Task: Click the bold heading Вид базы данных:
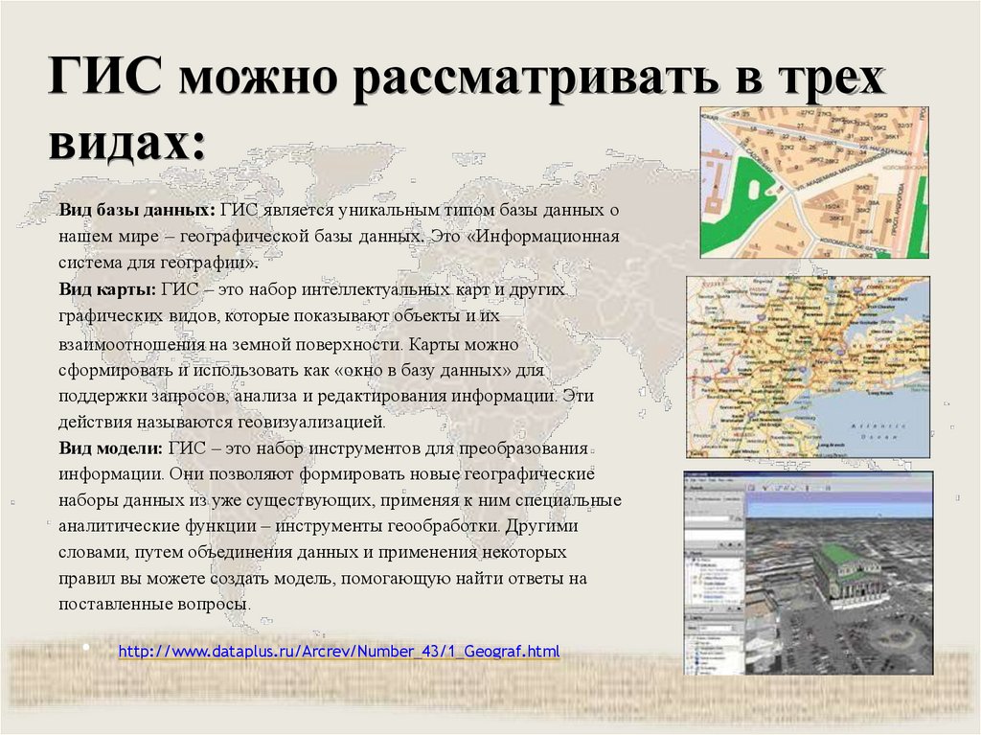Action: [x=135, y=210]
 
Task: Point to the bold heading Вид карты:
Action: [x=106, y=289]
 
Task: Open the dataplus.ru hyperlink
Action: [x=338, y=652]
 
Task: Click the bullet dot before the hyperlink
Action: [x=85, y=650]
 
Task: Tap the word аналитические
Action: [x=110, y=527]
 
